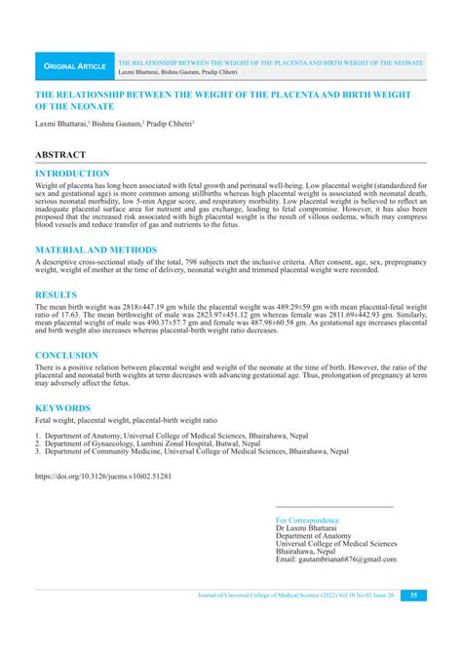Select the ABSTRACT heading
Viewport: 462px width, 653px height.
(x=60, y=155)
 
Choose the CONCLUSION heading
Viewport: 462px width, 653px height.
(x=67, y=356)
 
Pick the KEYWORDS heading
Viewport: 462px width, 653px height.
(x=63, y=407)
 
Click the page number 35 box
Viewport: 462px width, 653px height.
(x=413, y=595)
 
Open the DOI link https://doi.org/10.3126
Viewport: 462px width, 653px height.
(x=102, y=478)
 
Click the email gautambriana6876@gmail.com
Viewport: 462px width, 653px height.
(x=336, y=559)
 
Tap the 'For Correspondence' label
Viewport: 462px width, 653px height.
(x=308, y=520)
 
